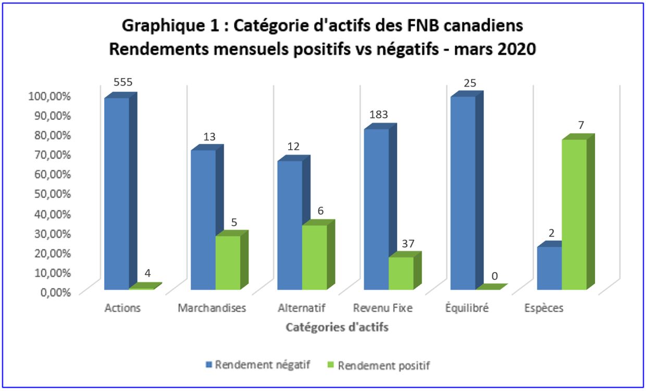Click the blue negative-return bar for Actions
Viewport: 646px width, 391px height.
pos(117,193)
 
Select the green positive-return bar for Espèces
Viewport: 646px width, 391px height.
pos(574,214)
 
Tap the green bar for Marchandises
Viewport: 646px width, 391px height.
pos(228,262)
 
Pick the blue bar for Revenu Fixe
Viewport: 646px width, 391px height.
pos(376,209)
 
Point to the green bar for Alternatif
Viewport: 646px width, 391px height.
pos(314,257)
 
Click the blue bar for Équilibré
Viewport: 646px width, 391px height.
pos(463,193)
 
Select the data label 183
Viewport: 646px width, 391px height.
pos(379,115)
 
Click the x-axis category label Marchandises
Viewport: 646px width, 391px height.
pos(212,308)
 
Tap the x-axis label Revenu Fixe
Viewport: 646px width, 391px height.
pos(382,308)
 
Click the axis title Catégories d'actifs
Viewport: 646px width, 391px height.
pos(337,328)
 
